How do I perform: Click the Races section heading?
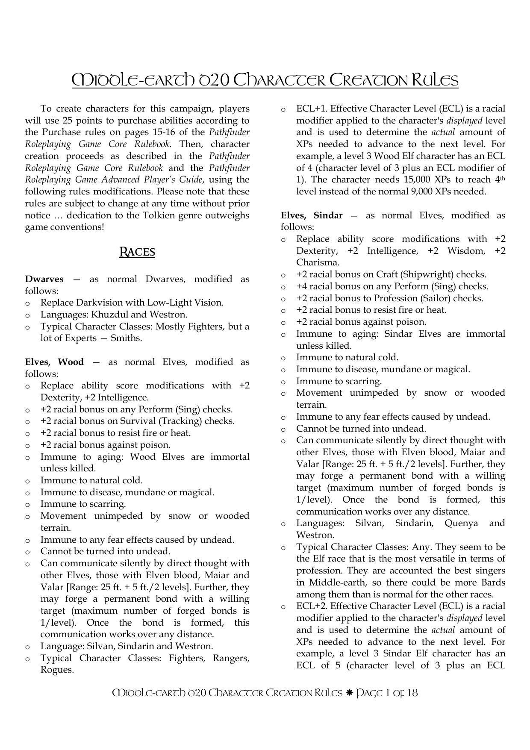(137, 252)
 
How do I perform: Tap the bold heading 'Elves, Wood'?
(54, 362)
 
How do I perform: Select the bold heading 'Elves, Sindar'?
(312, 215)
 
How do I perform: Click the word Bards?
(492, 582)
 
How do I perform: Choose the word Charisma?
(318, 262)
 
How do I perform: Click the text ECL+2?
(311, 606)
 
